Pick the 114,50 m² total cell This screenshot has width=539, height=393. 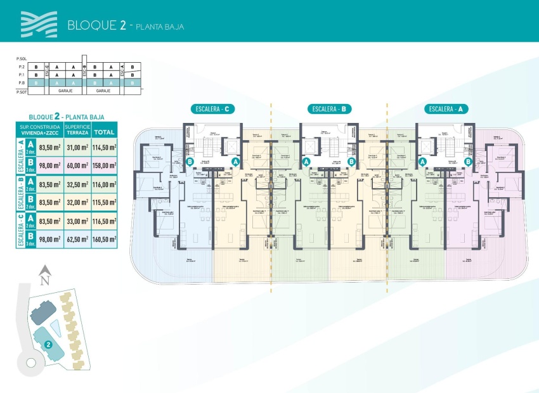tap(105, 148)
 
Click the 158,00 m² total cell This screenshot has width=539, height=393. tap(105, 165)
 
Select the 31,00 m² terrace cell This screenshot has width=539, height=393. tap(77, 148)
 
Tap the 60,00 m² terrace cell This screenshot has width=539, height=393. tap(77, 165)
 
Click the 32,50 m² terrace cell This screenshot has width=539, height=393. tap(77, 184)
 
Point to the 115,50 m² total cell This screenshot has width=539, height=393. tap(105, 203)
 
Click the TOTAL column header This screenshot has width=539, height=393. tap(105, 132)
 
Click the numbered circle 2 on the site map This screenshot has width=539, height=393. tap(48, 345)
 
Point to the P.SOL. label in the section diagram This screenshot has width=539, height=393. tap(22, 58)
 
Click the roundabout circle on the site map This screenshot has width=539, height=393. tap(30, 363)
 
